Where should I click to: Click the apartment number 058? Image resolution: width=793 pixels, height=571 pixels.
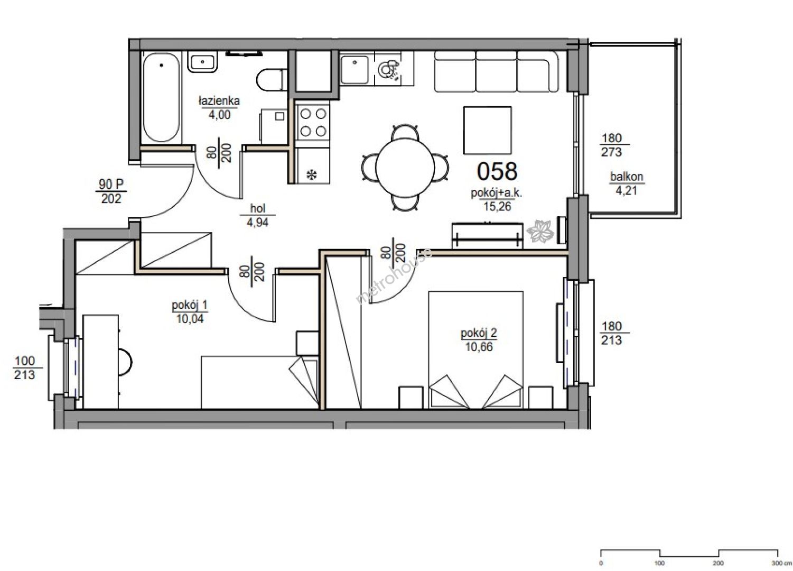click(497, 171)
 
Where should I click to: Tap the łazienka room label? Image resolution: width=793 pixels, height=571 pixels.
click(219, 101)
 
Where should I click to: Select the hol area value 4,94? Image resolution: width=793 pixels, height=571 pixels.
click(257, 223)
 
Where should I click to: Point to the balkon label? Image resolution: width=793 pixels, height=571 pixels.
click(626, 176)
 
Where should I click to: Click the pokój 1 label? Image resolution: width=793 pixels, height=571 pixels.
click(189, 305)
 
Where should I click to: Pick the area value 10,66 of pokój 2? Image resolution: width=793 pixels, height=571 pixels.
click(479, 347)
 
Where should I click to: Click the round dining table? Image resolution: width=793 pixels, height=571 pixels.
click(405, 168)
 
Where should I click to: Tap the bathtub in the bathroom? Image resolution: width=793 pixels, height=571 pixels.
click(161, 97)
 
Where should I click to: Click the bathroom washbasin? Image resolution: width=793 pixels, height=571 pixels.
click(202, 63)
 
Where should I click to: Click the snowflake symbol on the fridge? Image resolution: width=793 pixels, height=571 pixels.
click(312, 174)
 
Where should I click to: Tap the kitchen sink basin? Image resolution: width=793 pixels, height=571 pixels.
click(354, 70)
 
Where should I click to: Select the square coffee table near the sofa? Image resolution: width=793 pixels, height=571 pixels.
click(488, 131)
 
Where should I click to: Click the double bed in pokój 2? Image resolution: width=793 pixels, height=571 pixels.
click(476, 350)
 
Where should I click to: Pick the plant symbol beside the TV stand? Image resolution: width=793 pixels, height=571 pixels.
click(540, 231)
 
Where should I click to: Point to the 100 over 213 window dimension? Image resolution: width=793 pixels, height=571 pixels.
click(25, 367)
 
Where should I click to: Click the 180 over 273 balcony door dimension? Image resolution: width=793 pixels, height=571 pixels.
click(612, 145)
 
